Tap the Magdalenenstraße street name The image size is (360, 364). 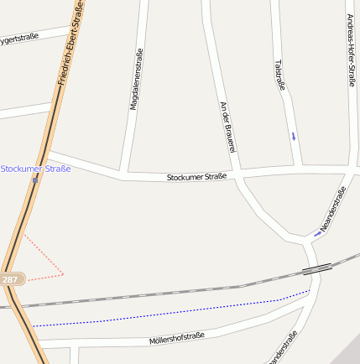tap(133, 80)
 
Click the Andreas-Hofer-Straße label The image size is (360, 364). tap(351, 50)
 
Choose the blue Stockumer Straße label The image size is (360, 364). tap(35, 169)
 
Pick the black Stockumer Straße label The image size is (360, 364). tap(196, 177)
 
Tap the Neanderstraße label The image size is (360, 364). tap(333, 210)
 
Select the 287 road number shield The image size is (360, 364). tap(10, 278)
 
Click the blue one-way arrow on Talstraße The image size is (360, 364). tap(293, 135)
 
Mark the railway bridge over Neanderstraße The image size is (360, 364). tap(316, 269)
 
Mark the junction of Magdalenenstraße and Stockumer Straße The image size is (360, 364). tap(123, 174)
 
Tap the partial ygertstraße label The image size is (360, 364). tap(18, 38)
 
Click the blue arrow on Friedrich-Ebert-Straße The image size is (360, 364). tap(35, 178)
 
